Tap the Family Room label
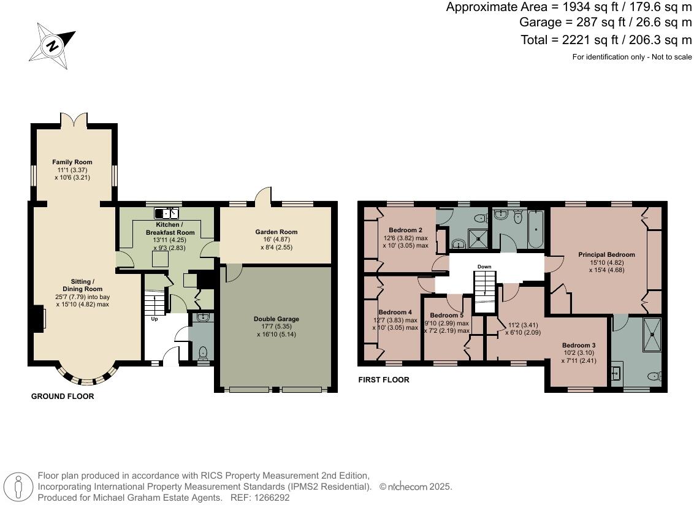(72, 162)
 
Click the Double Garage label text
(276, 319)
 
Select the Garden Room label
(276, 232)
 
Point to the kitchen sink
(166, 213)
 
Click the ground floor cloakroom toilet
(203, 353)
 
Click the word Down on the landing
(484, 267)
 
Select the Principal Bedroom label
(606, 254)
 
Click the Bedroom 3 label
(579, 346)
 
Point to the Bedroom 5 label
(446, 316)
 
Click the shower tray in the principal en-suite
(652, 335)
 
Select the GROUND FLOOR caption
(63, 397)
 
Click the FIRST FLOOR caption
(383, 380)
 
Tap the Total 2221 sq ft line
(605, 40)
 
